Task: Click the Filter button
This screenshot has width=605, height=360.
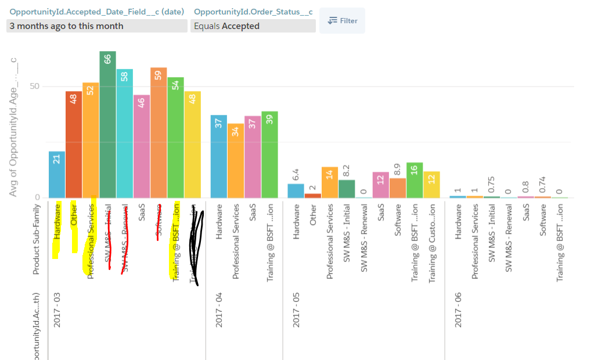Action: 342,21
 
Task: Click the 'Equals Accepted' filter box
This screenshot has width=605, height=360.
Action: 253,26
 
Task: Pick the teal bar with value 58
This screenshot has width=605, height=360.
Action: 124,133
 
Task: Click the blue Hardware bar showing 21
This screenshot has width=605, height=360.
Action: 57,174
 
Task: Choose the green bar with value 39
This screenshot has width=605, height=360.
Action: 269,154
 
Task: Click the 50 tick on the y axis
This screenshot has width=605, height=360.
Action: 34,87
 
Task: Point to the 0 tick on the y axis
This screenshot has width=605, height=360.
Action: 37,197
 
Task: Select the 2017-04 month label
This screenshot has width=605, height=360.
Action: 218,309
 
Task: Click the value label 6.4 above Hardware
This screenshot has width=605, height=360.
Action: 296,174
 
